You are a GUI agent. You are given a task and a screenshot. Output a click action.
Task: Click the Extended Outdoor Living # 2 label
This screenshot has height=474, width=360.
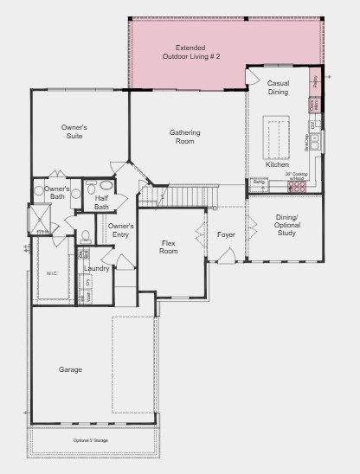click(x=191, y=52)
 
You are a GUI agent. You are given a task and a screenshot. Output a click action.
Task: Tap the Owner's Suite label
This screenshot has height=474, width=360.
click(x=74, y=131)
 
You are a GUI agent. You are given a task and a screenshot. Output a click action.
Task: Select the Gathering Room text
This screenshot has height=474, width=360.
click(x=184, y=137)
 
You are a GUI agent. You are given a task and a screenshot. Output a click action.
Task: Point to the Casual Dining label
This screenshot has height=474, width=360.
click(x=278, y=87)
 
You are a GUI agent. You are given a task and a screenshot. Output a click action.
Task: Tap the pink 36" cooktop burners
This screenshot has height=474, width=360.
click(x=298, y=184)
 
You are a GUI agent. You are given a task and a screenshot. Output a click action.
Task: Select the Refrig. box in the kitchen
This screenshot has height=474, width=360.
click(x=260, y=183)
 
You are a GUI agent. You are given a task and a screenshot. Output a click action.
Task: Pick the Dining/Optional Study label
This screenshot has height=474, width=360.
click(x=287, y=225)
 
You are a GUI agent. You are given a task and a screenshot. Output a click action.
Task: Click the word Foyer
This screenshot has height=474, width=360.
click(x=226, y=234)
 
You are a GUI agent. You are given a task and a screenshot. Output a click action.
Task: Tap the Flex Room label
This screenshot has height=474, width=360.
click(x=169, y=247)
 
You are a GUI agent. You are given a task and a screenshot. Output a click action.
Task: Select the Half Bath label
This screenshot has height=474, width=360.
click(x=102, y=202)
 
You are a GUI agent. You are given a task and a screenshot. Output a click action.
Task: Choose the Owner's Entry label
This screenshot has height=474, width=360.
click(x=119, y=230)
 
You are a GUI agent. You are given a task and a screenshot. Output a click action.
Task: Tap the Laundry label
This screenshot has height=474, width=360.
click(x=97, y=269)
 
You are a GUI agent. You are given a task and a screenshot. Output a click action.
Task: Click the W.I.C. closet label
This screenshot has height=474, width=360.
click(x=53, y=273)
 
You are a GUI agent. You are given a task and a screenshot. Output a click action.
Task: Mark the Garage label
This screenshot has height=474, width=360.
click(x=71, y=370)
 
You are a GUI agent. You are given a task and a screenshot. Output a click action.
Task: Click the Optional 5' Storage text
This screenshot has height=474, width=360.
click(x=94, y=441)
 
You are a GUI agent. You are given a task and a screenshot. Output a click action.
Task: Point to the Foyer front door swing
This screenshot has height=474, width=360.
click(x=227, y=255)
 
